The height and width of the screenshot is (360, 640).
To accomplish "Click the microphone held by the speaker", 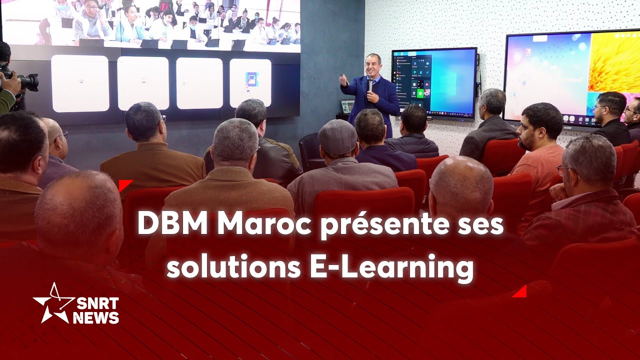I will pyautogui.click(x=370, y=85).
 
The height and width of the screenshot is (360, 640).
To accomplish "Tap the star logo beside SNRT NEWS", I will pyautogui.click(x=52, y=303).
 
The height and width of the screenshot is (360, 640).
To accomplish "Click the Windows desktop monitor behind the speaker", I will pyautogui.click(x=434, y=82).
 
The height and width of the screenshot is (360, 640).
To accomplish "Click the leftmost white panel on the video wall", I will pyautogui.click(x=80, y=83).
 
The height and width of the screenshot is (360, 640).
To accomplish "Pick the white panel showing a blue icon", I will pyautogui.click(x=250, y=83).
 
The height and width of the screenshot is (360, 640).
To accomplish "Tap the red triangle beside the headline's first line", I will pyautogui.click(x=125, y=185).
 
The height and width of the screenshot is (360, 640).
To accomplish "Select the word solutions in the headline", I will pyautogui.click(x=233, y=267).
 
